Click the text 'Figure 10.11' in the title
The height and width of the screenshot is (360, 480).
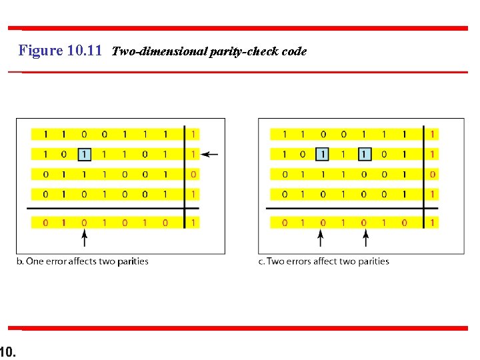pyautogui.click(x=60, y=51)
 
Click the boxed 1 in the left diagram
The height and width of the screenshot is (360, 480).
pyautogui.click(x=84, y=155)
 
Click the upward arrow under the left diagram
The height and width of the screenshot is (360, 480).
pyautogui.click(x=84, y=237)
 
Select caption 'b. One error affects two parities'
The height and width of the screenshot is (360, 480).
pyautogui.click(x=82, y=261)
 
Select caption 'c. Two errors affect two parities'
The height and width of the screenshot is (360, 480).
pyautogui.click(x=323, y=261)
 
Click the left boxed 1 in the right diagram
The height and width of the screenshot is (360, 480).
pyautogui.click(x=323, y=155)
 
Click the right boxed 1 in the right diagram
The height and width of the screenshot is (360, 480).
pyautogui.click(x=363, y=155)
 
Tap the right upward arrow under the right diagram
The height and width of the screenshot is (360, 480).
pyautogui.click(x=363, y=237)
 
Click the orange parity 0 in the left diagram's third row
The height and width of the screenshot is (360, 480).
pyautogui.click(x=193, y=175)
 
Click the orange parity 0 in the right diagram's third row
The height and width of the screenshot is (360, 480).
pyautogui.click(x=433, y=175)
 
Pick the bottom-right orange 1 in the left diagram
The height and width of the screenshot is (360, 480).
pyautogui.click(x=193, y=222)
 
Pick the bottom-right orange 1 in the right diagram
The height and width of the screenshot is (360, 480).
pyautogui.click(x=433, y=222)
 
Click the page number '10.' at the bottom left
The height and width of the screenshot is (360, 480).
pyautogui.click(x=8, y=350)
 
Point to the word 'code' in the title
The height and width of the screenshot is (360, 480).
pyautogui.click(x=294, y=51)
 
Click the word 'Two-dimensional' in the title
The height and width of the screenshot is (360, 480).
pyautogui.click(x=151, y=51)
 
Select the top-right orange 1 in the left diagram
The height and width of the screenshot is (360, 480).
pyautogui.click(x=193, y=135)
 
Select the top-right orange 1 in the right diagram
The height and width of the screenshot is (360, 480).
pyautogui.click(x=433, y=135)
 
